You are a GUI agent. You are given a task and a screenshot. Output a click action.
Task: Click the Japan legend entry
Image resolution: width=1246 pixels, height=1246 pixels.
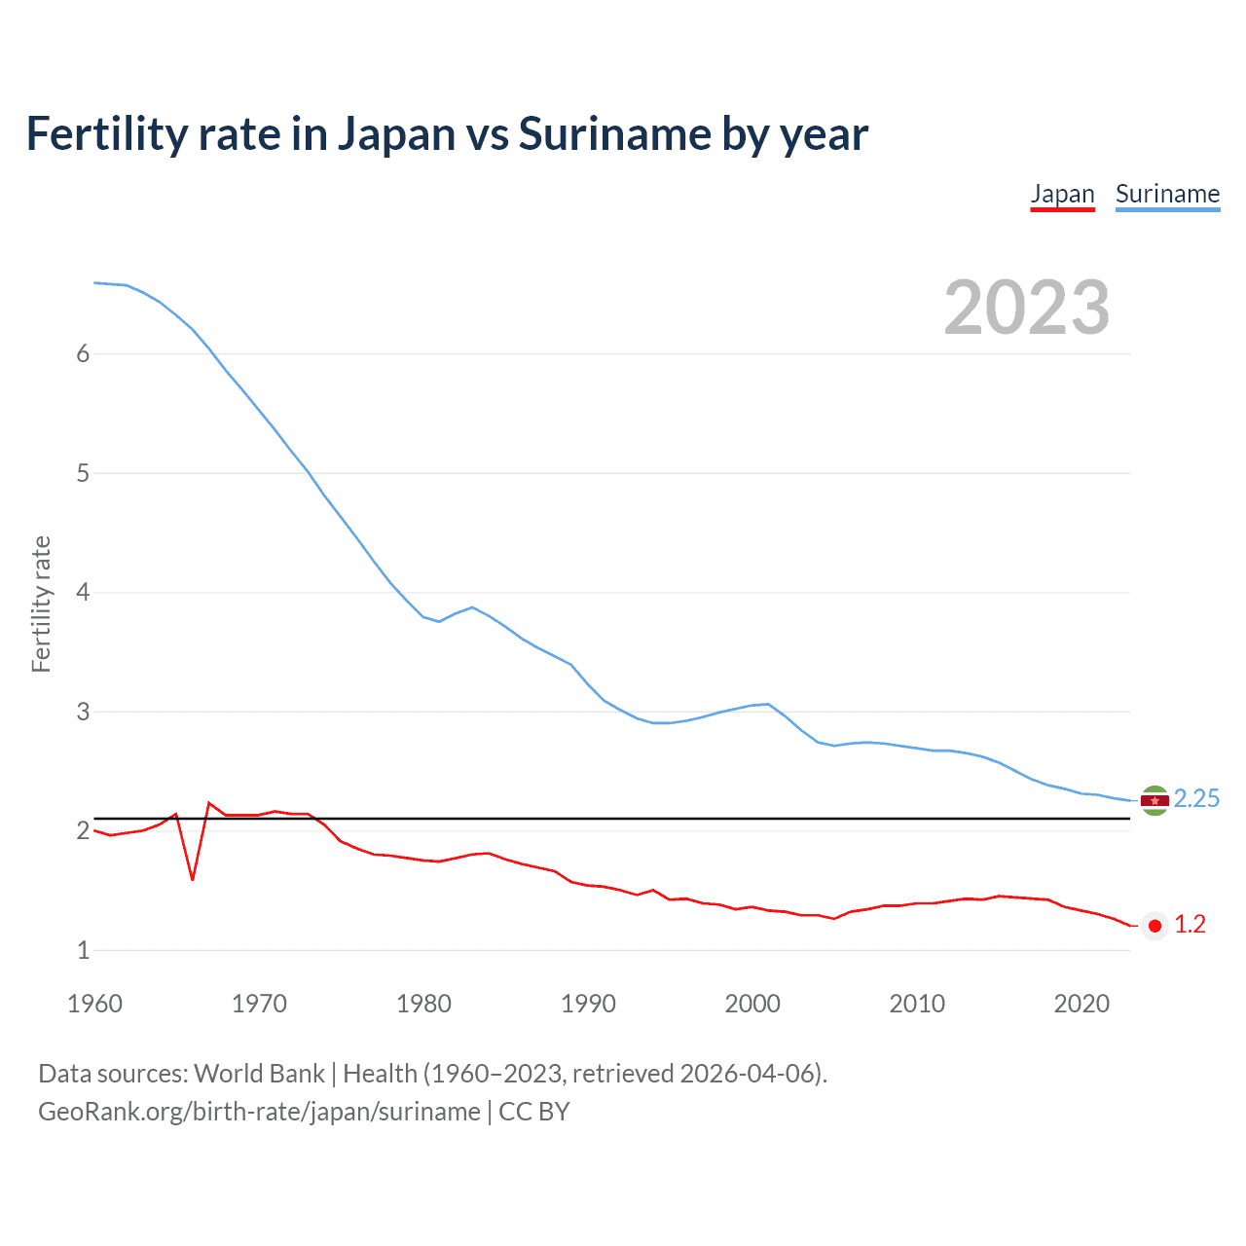coord(1062,194)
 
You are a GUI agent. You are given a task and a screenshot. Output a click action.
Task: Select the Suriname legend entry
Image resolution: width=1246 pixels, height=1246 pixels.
coord(1167,194)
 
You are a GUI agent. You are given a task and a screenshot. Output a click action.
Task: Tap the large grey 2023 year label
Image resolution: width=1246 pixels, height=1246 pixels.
coord(1026,308)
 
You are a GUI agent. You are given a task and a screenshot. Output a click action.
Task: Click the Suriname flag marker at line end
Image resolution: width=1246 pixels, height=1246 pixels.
coord(1154,800)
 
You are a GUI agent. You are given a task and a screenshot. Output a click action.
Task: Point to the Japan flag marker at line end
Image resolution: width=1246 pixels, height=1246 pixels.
coord(1154,926)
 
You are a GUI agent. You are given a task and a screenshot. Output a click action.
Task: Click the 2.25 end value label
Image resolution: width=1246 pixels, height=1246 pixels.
coord(1196,799)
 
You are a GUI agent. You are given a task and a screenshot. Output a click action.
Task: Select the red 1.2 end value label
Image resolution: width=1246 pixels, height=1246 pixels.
coord(1190,925)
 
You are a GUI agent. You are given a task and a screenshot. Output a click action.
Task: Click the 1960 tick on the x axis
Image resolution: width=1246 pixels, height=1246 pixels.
coord(94,1004)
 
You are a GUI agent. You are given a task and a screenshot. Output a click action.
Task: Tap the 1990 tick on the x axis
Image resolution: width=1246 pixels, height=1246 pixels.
coord(588,1004)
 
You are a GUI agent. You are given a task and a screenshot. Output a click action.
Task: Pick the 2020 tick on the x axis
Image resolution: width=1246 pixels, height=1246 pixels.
coord(1081,1004)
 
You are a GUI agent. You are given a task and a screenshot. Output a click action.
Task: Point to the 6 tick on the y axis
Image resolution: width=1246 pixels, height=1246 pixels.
coord(83,354)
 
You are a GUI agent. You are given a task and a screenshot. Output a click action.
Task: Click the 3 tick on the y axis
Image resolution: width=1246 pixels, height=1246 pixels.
coord(83,712)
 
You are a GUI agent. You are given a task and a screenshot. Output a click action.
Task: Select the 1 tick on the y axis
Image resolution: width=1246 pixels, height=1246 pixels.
coord(83,950)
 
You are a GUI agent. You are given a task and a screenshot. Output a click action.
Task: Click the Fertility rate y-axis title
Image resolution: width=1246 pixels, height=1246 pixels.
coord(41,604)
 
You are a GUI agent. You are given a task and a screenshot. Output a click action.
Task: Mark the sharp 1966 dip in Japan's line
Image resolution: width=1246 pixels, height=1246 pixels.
coord(193,879)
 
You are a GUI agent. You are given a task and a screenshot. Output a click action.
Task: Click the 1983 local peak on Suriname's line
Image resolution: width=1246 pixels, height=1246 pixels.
coord(472,607)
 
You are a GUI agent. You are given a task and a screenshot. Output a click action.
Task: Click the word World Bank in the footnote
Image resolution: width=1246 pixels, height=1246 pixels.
coord(259,1074)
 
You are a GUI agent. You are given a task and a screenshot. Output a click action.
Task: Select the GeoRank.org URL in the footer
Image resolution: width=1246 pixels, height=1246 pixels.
coord(259,1112)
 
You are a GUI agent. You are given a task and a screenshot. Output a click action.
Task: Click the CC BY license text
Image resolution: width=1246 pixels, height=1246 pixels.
coord(533,1112)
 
